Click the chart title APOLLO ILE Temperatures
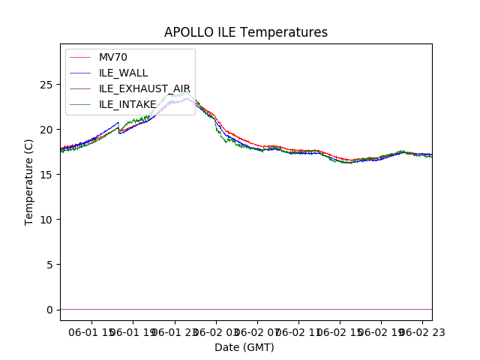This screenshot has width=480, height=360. [x=246, y=32]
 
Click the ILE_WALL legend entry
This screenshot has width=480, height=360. [x=123, y=73]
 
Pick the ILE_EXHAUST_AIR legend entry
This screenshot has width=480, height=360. [x=145, y=88]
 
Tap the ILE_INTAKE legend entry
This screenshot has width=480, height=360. [x=127, y=104]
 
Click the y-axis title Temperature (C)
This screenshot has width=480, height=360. [x=29, y=182]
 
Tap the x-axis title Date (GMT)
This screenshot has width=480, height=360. [x=244, y=347]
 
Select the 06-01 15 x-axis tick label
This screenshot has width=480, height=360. [x=93, y=331]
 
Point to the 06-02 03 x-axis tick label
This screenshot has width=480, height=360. [x=217, y=331]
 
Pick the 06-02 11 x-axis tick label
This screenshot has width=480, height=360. [x=298, y=331]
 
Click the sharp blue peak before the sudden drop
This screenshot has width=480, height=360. [x=118, y=122]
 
